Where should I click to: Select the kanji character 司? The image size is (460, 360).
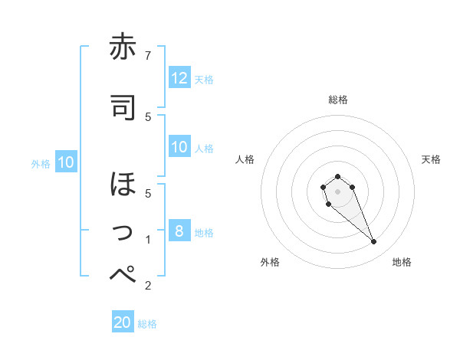coord(123,108)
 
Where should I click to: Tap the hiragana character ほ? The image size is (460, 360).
coord(123,185)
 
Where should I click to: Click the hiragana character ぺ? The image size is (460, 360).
coord(123,274)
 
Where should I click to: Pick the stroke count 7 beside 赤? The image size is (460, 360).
coord(148,55)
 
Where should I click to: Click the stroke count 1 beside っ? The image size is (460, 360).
coord(148,240)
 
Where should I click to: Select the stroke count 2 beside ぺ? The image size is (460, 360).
coord(148,286)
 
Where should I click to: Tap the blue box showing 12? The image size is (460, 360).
coord(179,78)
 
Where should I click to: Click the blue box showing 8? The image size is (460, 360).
coord(179,231)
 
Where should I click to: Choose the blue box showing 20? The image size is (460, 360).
coord(123,322)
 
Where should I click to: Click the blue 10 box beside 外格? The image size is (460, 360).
coord(66,162)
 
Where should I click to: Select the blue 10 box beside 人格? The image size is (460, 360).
coord(179,147)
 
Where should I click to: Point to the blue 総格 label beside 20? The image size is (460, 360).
coord(147,324)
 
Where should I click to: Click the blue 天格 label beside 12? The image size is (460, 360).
coord(204,79)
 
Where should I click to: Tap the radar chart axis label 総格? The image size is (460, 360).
coord(337,100)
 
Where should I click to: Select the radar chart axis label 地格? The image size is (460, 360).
coord(402,262)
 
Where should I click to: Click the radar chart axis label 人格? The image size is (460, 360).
coord(245,159)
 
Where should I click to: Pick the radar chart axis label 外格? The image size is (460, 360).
coord(270,262)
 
